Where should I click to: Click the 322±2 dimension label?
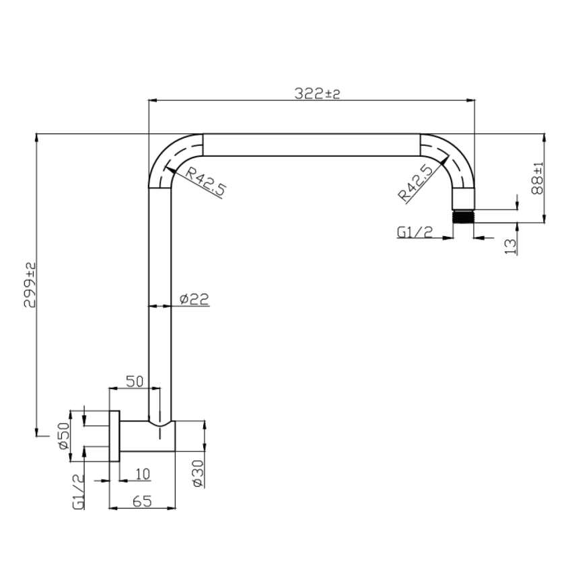pyautogui.click(x=317, y=94)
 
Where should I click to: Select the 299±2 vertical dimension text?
pyautogui.click(x=30, y=285)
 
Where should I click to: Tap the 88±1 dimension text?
pyautogui.click(x=538, y=178)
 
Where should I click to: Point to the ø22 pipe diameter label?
pyautogui.click(x=194, y=299)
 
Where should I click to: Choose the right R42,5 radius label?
pyautogui.click(x=415, y=184)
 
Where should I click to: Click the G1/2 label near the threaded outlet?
pyautogui.click(x=415, y=232)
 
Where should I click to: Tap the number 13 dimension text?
pyautogui.click(x=511, y=246)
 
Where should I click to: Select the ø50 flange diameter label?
pyautogui.click(x=63, y=436)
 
